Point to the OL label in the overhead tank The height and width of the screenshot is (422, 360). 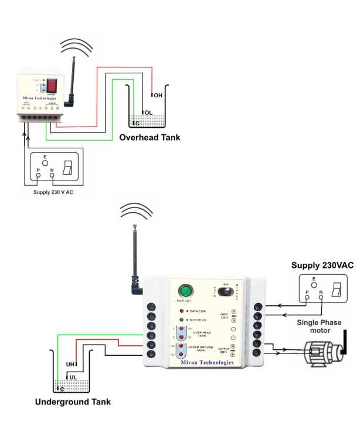(x=149, y=112)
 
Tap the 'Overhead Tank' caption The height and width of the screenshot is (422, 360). (x=150, y=138)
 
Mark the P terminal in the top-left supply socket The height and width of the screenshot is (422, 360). (x=39, y=171)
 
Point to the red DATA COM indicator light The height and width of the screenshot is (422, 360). (x=182, y=310)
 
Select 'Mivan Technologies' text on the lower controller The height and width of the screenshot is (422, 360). (x=202, y=362)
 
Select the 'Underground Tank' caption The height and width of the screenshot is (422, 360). (x=73, y=402)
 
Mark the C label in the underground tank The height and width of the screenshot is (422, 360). (x=61, y=388)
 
